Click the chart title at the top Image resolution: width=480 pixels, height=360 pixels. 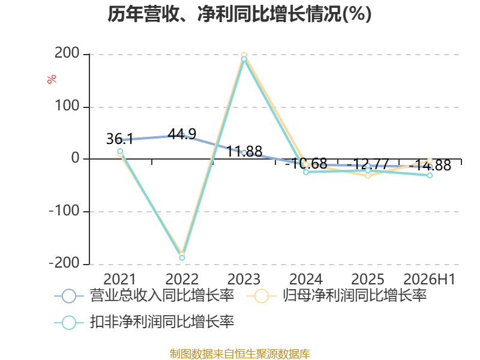pos(239,14)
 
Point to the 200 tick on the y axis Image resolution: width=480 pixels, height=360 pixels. pos(67,53)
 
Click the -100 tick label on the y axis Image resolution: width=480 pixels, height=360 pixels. pos(64,211)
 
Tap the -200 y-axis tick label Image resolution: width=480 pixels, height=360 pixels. pos(64,263)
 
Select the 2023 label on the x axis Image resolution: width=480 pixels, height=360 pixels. pos(244,279)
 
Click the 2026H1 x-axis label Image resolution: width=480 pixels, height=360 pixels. pos(430,279)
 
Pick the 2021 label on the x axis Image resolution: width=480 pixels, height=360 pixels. pos(119,279)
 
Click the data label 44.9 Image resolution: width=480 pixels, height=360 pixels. pos(182,134)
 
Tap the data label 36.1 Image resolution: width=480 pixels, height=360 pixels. pos(119,139)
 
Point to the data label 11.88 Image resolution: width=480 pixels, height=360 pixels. pos(244,152)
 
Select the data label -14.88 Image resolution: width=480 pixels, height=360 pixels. pos(430,166)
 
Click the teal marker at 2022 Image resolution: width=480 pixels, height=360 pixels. pos(182,258)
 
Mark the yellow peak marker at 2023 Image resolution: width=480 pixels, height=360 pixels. pos(244,55)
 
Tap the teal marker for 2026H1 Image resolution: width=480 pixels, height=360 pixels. pos(430,175)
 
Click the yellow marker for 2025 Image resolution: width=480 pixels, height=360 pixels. pos(368,176)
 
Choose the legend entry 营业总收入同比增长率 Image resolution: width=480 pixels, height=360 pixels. pos(144,296)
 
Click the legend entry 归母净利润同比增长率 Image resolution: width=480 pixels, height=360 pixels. pos(337,296)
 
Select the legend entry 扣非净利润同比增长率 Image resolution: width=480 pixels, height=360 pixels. pos(144,322)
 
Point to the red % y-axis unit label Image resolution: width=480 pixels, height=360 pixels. pos(52,79)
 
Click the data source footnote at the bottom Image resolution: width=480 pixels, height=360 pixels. pos(240,354)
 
